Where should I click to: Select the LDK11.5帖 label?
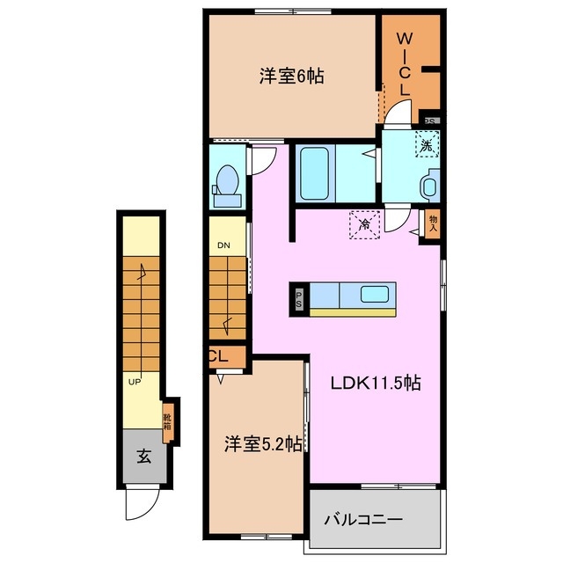click(x=375, y=384)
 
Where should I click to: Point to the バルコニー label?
click(x=369, y=519)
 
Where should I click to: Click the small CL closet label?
click(x=219, y=357)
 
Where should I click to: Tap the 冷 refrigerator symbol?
click(x=365, y=224)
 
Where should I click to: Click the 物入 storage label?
click(x=433, y=222)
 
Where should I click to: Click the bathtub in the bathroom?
click(x=314, y=173)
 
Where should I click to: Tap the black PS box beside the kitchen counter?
click(x=299, y=298)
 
